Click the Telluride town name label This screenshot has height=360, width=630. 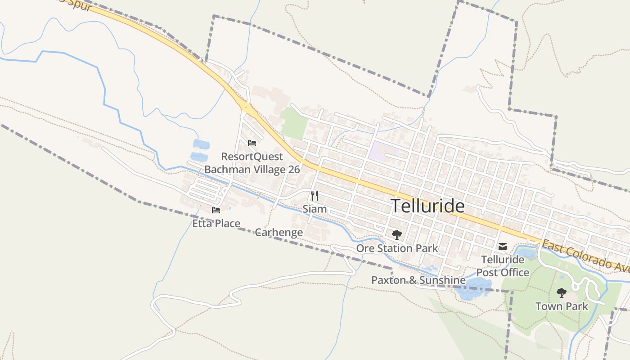pos(427,206)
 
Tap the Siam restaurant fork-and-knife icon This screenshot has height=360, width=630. pos(315,196)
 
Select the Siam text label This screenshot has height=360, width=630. pos(315,209)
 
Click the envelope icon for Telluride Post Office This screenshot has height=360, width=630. pos(503,247)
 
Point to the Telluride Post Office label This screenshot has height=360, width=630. pos(503,266)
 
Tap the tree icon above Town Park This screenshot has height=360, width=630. pos(561,293)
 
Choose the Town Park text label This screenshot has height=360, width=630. pos(561,306)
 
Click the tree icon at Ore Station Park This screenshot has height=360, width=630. pos(396,234)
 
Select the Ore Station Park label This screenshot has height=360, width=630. pos(397,248)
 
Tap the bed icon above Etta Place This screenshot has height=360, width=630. pos(216,210)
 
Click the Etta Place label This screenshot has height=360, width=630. pos(216,223)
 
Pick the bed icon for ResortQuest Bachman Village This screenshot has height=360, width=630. pos(252,143)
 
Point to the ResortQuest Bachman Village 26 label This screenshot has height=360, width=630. pos(252,163)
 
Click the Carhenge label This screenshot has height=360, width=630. pos(279,232)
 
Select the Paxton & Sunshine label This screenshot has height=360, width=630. pos(418,280)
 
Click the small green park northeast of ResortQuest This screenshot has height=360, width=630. pos(293,122)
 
